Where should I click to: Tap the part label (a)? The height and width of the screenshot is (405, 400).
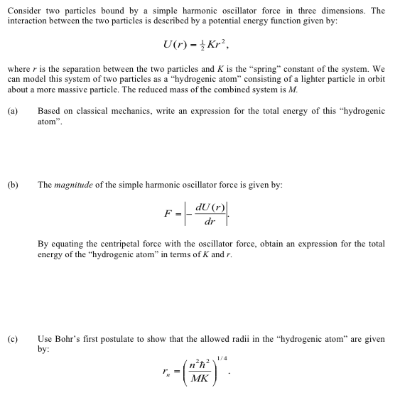click(x=13, y=112)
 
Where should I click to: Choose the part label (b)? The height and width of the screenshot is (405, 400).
click(x=13, y=185)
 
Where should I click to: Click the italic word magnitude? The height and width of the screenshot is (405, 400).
click(x=73, y=185)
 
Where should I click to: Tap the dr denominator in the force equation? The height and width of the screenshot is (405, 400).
click(x=209, y=222)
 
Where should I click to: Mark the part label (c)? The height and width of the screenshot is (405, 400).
click(x=13, y=339)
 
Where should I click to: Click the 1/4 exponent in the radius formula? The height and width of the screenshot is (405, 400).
click(x=222, y=357)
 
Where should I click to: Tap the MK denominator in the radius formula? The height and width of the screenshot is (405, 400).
click(x=201, y=379)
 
